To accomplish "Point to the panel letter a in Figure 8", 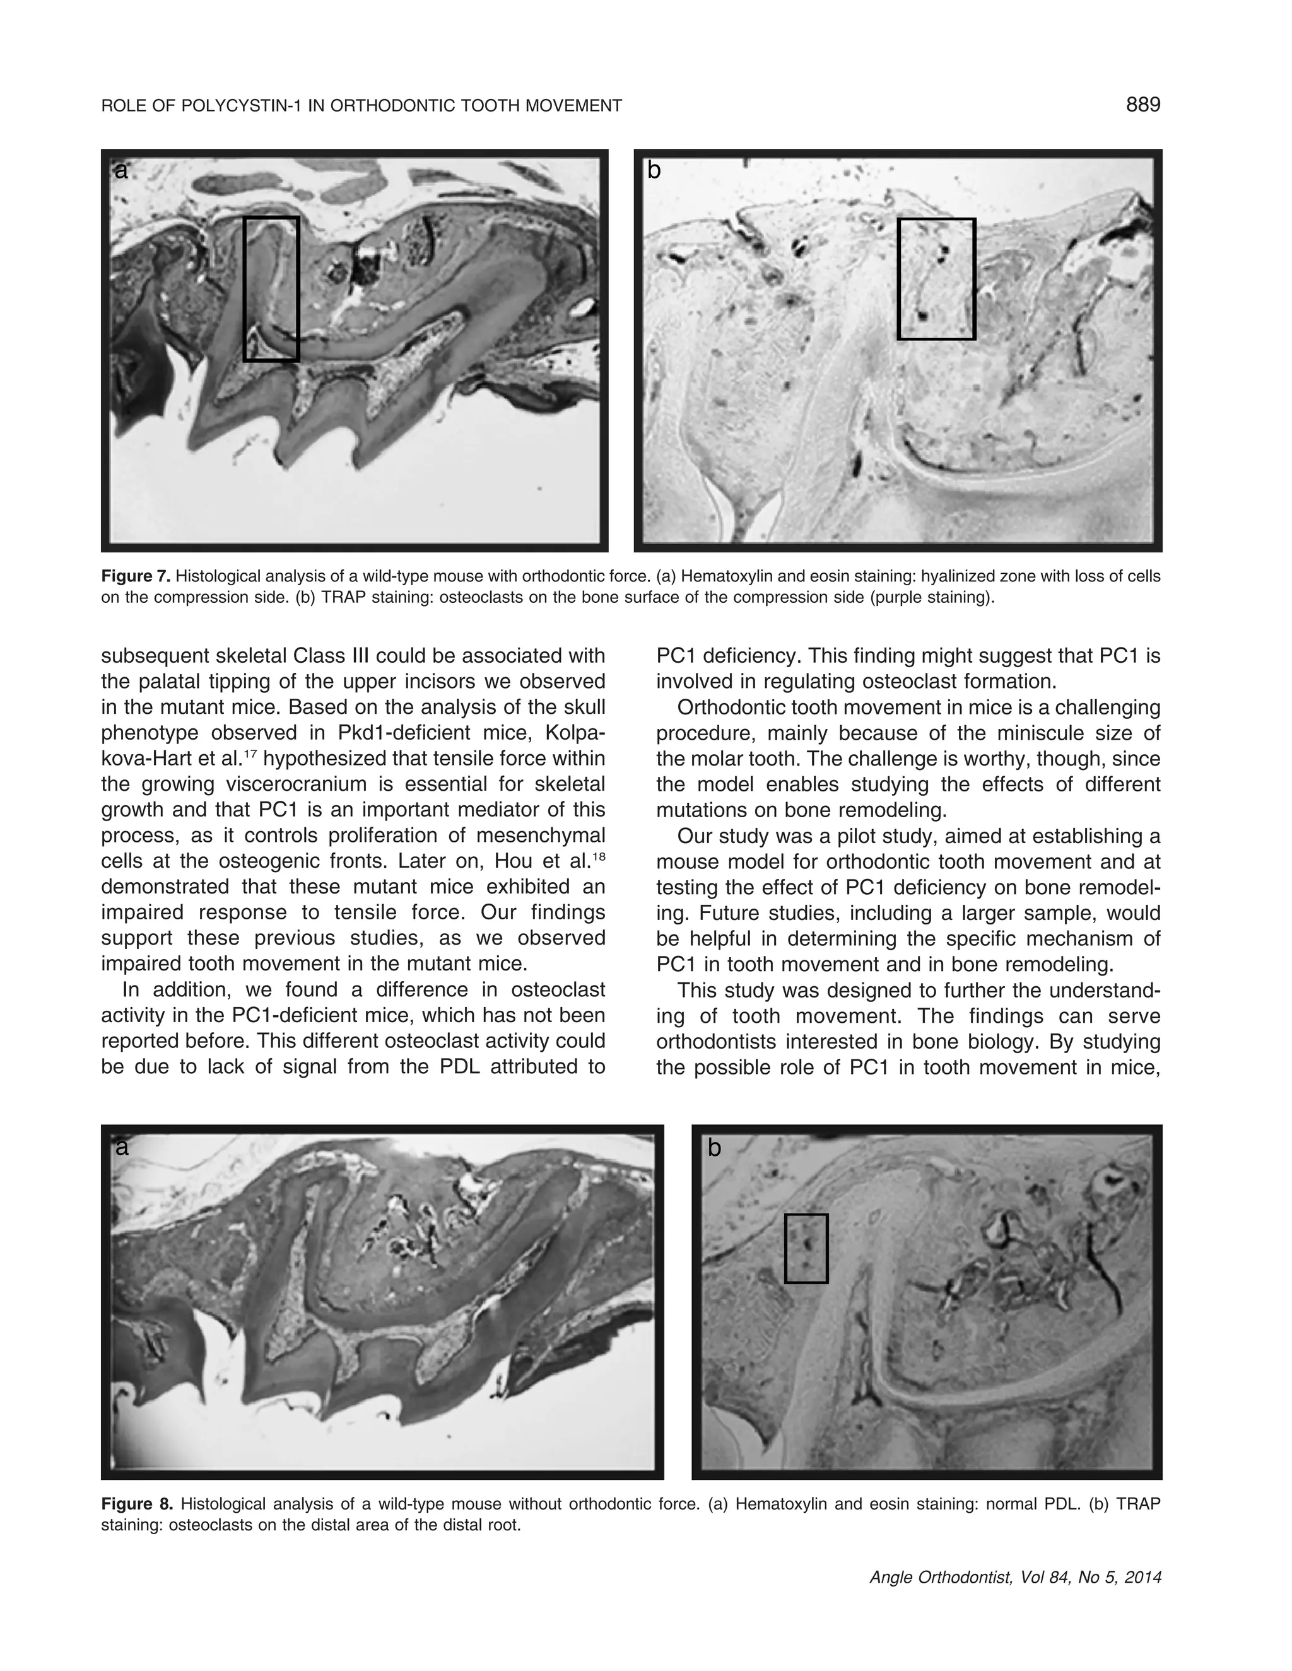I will pyautogui.click(x=121, y=1147).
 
